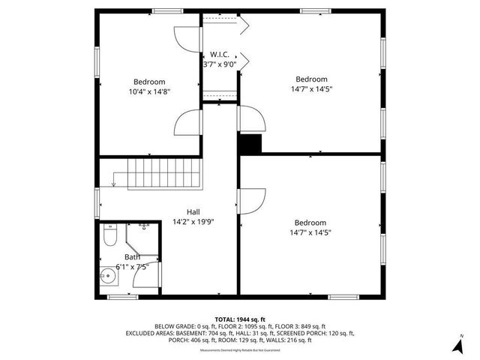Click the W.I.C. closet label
tap(220, 55)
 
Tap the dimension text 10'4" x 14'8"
tap(149, 92)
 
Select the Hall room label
tap(193, 211)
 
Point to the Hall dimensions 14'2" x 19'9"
tap(193, 222)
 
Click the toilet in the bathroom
tap(109, 238)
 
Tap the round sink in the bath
tap(107, 274)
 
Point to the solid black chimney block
tap(248, 143)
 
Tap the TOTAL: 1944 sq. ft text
tap(240, 318)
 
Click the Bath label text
tap(132, 256)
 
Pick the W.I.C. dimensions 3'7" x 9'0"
tap(220, 64)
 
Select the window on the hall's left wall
tap(97, 202)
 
